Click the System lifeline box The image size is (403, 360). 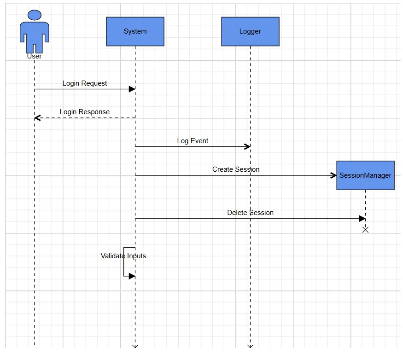(135, 32)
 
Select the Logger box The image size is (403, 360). (251, 32)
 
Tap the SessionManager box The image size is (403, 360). (366, 175)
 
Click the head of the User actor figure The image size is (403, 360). (35, 15)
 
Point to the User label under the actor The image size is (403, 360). (35, 56)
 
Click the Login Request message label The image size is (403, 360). (85, 83)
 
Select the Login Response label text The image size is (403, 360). (85, 112)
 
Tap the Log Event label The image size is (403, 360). (193, 141)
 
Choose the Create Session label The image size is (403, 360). (236, 169)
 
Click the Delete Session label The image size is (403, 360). (251, 213)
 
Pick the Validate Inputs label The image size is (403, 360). (123, 256)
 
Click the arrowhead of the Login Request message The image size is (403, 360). (132, 89)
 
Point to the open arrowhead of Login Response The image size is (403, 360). (37, 118)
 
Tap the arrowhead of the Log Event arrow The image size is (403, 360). (247, 147)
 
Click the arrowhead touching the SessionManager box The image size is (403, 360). (333, 175)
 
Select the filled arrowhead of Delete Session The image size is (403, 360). (362, 219)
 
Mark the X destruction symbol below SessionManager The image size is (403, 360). (366, 230)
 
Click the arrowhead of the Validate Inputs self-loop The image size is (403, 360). (132, 276)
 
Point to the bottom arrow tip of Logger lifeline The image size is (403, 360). (251, 347)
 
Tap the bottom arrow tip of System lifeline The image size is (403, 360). (135, 347)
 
